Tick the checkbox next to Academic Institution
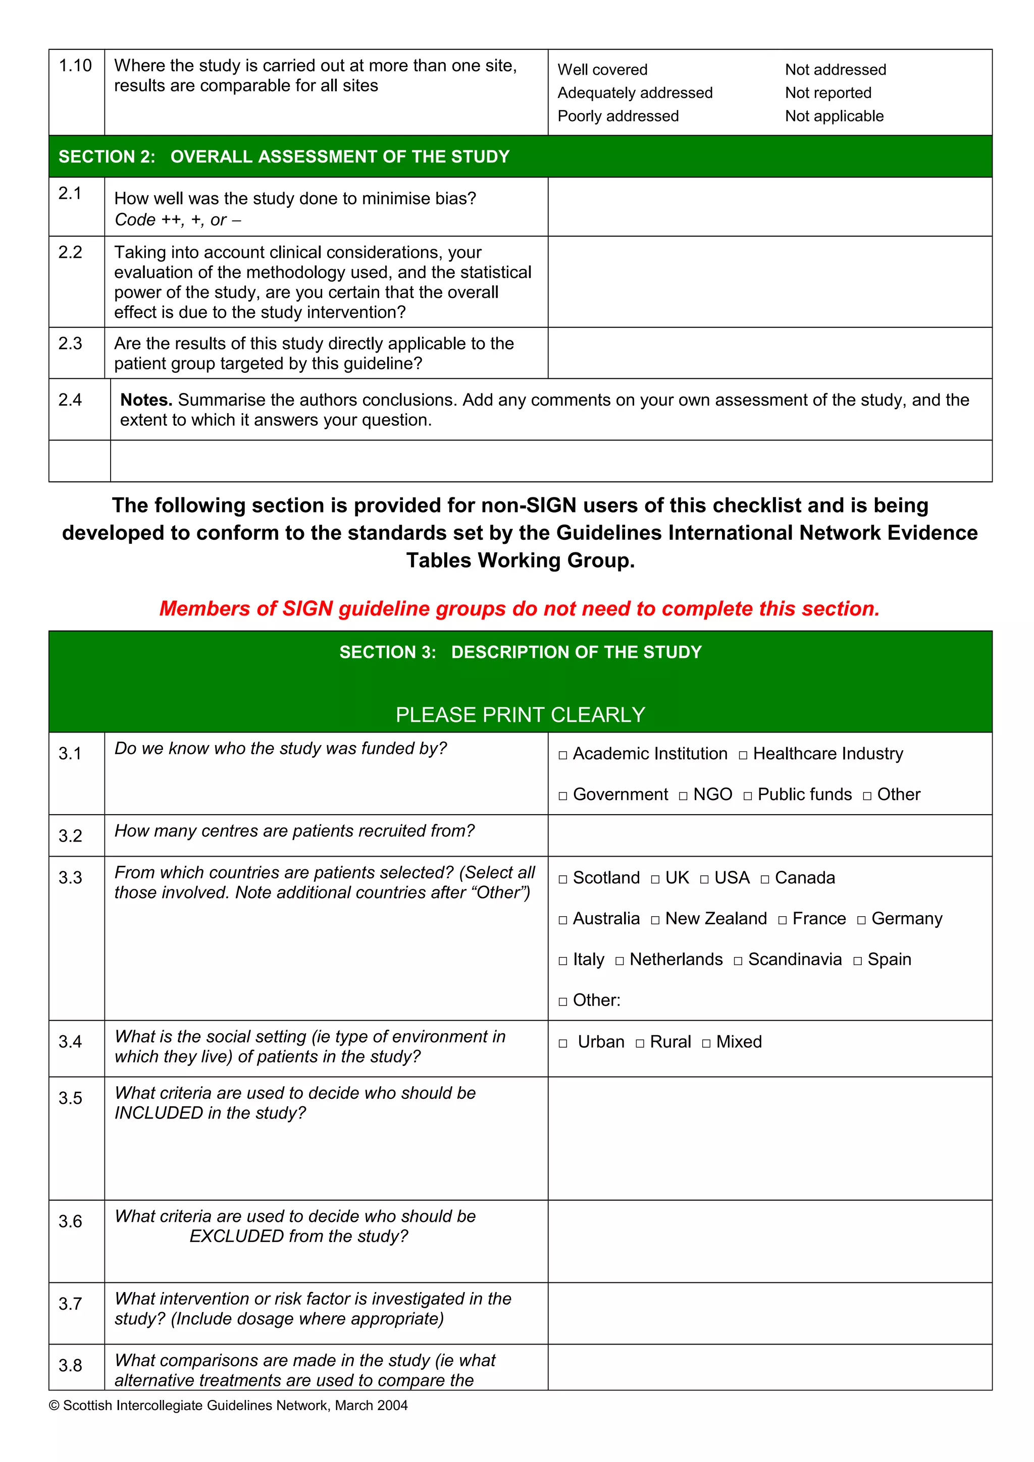tap(562, 756)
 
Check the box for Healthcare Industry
tap(743, 756)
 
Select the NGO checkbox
tap(683, 797)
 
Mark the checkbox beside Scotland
tap(562, 880)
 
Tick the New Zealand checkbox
tap(655, 921)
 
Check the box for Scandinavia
tap(738, 962)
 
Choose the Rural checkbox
tap(640, 1044)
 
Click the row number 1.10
tap(75, 66)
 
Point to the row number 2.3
tap(70, 344)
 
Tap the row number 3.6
tap(70, 1221)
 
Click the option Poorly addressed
tap(618, 116)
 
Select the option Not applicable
tap(834, 116)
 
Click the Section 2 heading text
tap(284, 156)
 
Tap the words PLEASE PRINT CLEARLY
tap(520, 714)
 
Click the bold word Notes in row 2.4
tap(146, 400)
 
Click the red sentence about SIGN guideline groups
tap(519, 609)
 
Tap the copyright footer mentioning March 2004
tap(228, 1405)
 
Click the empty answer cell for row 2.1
tap(769, 207)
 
